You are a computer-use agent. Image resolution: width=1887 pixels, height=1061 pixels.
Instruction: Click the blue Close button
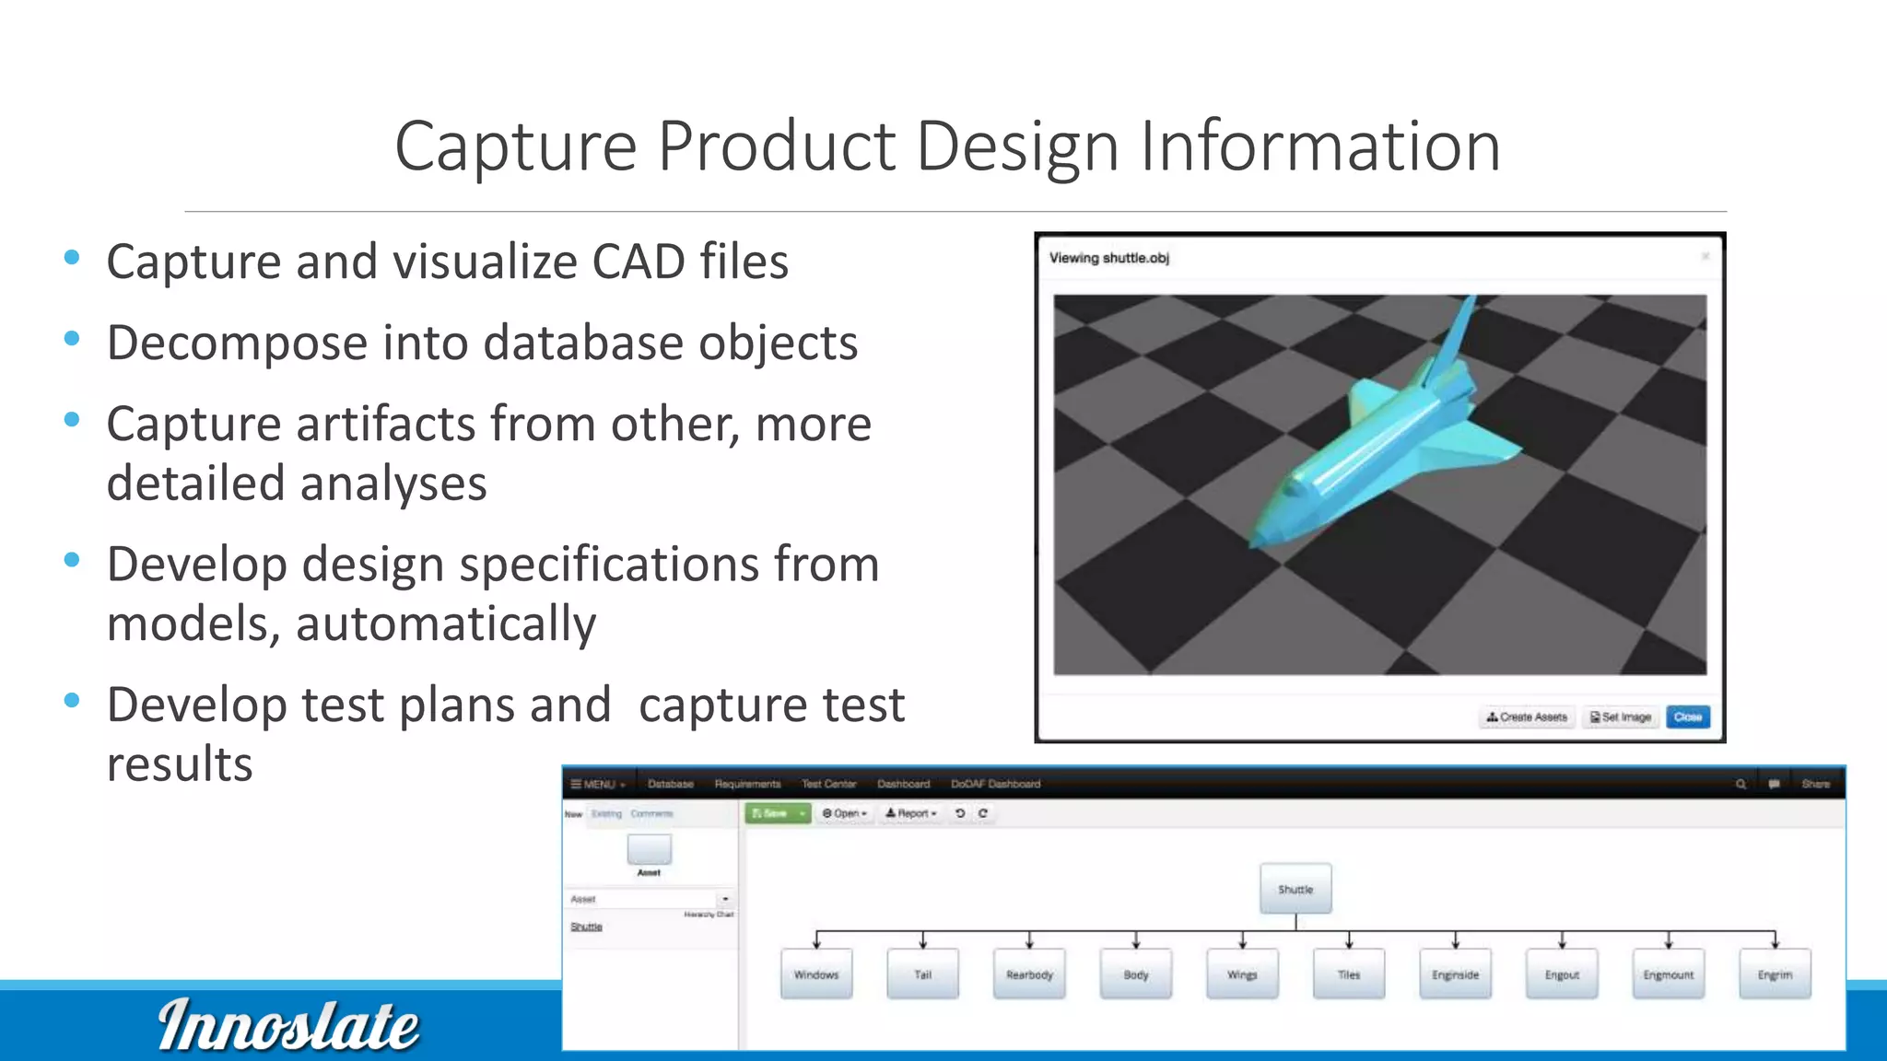pos(1687,717)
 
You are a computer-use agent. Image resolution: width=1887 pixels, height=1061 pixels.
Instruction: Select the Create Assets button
pos(1527,717)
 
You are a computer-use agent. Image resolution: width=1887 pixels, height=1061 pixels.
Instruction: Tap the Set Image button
pos(1621,717)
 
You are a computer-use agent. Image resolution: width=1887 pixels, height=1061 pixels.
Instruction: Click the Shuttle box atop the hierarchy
pos(1295,889)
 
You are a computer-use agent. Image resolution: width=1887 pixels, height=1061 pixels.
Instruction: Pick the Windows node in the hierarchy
pos(816,974)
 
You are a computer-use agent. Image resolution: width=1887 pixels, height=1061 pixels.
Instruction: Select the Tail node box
pos(922,974)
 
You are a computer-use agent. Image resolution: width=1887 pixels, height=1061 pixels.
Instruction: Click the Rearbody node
pos(1029,974)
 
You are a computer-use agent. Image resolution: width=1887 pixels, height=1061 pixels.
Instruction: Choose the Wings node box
pos(1242,974)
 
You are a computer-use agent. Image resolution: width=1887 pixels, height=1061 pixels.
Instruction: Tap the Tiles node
pos(1349,974)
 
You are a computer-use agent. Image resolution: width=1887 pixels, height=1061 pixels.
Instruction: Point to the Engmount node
pos(1668,974)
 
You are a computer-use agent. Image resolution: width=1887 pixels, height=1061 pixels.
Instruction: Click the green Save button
pos(771,813)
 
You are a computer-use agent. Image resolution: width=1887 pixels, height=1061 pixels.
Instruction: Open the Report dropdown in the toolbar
pos(910,813)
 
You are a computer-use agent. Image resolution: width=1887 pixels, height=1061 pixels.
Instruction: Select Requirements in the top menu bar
pos(747,784)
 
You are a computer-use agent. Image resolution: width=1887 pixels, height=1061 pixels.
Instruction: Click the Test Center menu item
pos(828,784)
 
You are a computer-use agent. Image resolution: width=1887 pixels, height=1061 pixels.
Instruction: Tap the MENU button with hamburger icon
pos(598,784)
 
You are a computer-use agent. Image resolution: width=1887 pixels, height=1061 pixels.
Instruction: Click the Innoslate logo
pos(287,1025)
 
